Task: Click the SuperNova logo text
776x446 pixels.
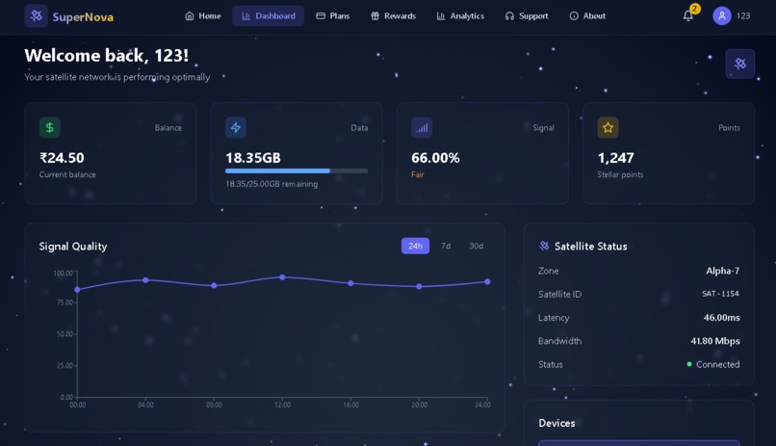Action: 83,16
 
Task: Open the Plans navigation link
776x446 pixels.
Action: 332,16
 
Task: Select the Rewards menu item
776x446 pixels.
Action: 393,16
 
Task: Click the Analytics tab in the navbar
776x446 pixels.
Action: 460,16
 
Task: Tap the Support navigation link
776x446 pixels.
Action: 527,16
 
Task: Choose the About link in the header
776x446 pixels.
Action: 587,16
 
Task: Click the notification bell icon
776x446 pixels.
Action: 687,16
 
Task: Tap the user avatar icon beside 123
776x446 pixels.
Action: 722,16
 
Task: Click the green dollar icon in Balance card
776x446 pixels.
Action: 49,127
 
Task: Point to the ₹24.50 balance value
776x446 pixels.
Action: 62,158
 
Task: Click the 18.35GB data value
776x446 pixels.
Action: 253,158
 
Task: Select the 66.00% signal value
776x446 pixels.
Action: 435,158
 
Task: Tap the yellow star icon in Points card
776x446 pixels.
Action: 608,127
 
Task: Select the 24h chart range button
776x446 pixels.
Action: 415,246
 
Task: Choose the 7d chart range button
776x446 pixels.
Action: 446,246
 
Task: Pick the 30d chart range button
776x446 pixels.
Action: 477,246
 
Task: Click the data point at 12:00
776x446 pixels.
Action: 282,277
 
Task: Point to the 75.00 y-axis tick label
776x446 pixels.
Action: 64,302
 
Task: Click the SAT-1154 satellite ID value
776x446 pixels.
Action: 720,294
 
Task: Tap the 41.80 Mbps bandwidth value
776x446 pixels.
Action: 714,341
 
